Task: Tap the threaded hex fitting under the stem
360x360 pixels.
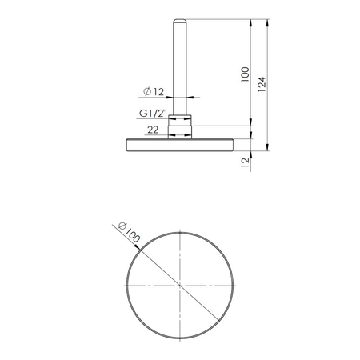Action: (181, 126)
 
